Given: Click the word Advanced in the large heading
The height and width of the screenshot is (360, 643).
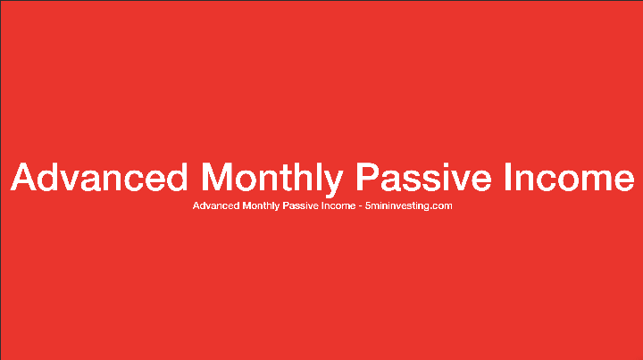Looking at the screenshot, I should tap(99, 177).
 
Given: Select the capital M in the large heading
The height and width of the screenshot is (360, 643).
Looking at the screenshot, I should tap(220, 177).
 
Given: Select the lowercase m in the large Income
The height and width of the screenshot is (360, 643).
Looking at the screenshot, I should tap(589, 179).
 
